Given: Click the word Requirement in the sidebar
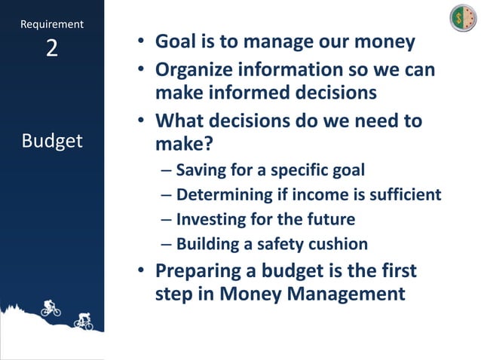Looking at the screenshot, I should pos(52,25).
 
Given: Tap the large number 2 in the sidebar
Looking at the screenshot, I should pos(51,49).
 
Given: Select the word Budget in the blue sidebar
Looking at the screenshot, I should pos(52,141).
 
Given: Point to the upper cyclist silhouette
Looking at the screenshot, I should pos(51,307).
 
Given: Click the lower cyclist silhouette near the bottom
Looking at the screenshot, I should pos(84,322).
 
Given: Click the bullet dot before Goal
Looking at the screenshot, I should pos(141,42).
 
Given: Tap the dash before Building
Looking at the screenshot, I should pos(166,244).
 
